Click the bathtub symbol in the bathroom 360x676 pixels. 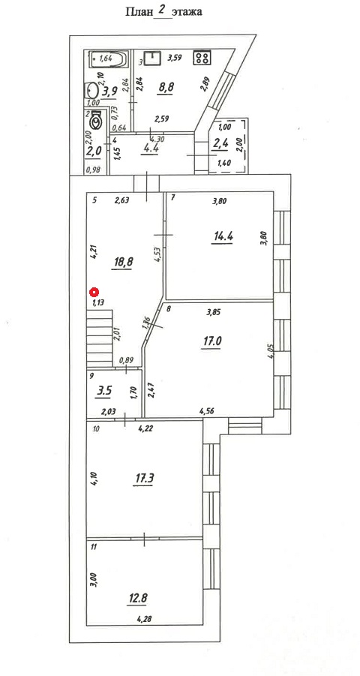tap(107, 59)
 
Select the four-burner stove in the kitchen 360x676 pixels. tap(201, 58)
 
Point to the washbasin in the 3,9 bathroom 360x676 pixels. tap(91, 91)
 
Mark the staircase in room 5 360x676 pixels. tap(100, 338)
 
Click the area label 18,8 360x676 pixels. tap(121, 262)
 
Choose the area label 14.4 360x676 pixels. tap(221, 236)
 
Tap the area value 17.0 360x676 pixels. tap(211, 341)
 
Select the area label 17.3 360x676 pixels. tap(142, 478)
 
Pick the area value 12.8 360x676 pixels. tap(136, 598)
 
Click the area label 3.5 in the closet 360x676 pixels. tap(105, 391)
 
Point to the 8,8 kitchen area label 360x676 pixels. tap(166, 87)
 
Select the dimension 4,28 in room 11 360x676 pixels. tap(145, 620)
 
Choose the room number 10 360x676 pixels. tap(96, 429)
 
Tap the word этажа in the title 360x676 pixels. tap(187, 13)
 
